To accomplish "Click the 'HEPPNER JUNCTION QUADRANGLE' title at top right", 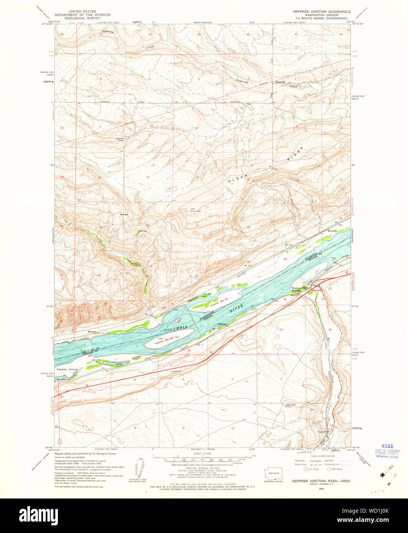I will [x=321, y=12].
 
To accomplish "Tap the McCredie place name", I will [x=332, y=231].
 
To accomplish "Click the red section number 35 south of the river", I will [x=281, y=329].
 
